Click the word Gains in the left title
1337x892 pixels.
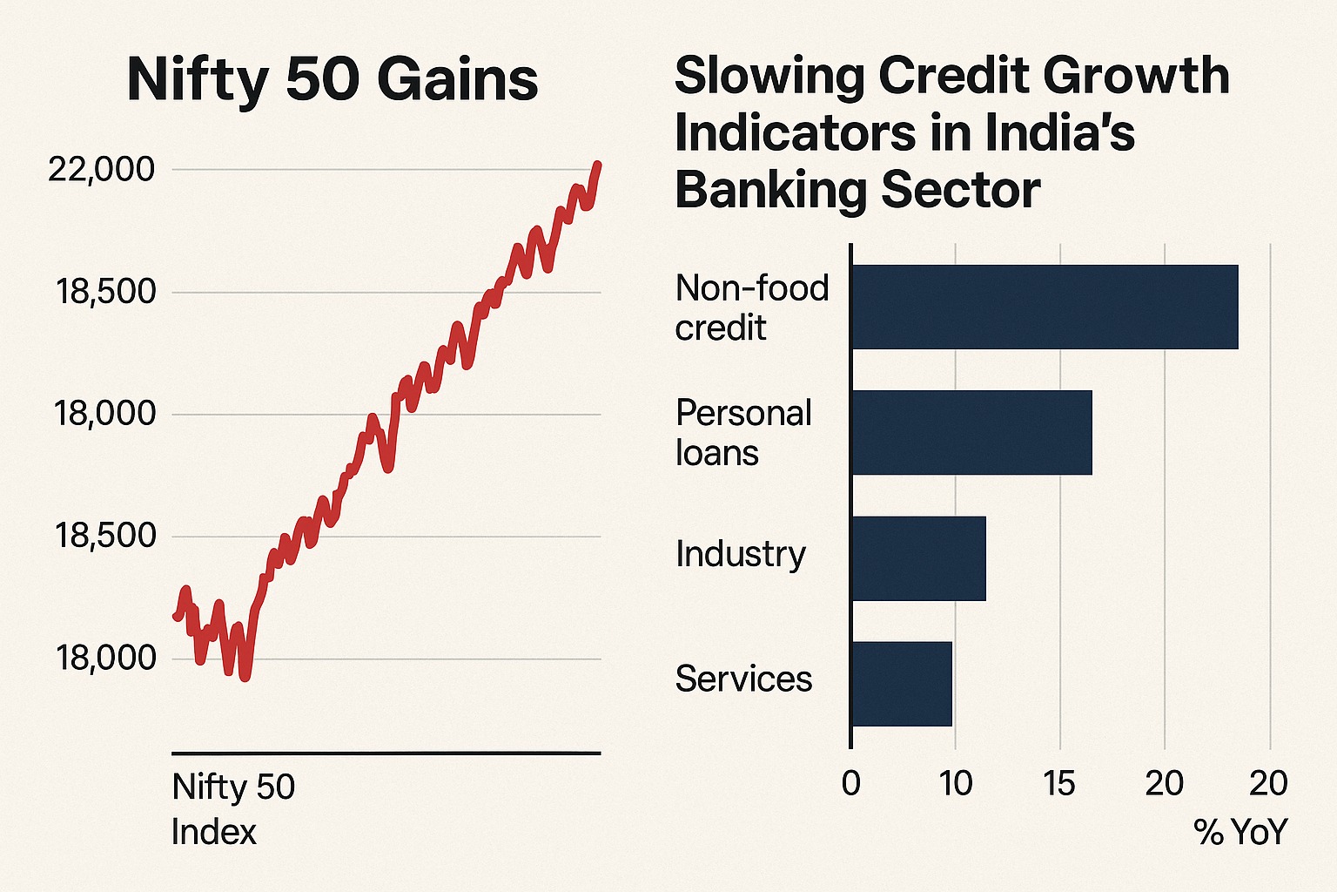pos(458,80)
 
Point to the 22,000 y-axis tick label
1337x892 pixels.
pos(102,169)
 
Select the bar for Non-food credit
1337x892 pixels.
pos(1044,307)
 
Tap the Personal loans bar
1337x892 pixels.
pos(971,432)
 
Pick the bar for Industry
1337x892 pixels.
pos(917,558)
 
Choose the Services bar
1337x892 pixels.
pos(901,684)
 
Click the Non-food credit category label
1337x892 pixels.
pos(751,307)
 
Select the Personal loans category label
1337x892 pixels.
pos(743,433)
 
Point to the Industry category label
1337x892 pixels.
pos(741,554)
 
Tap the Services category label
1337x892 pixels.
pos(743,679)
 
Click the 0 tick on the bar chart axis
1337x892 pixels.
pos(851,784)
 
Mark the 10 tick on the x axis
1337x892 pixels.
pos(956,784)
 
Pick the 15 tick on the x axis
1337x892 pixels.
pos(1059,784)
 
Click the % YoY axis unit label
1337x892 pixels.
pos(1240,833)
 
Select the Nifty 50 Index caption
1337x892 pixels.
pos(233,809)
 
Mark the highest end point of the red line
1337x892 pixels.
pos(598,164)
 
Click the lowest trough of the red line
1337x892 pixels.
pos(245,676)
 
